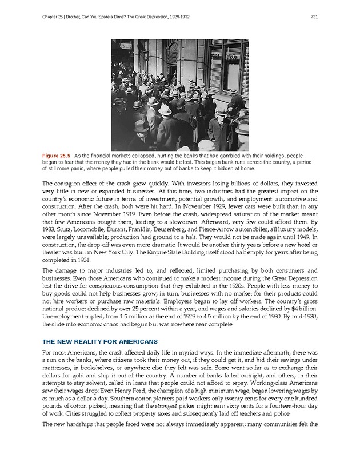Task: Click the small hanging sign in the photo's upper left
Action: click(x=126, y=45)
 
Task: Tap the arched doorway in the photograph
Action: click(x=172, y=57)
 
